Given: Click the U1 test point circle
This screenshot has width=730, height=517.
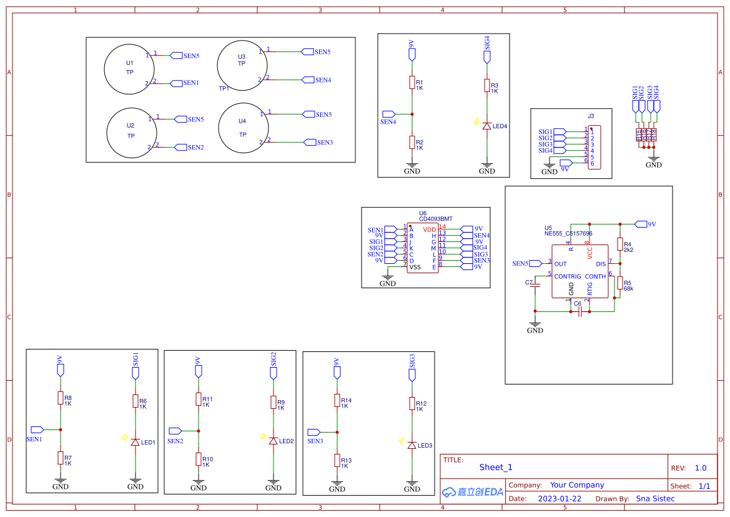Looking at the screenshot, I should (129, 69).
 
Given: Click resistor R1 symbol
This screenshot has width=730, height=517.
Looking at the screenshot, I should (412, 83).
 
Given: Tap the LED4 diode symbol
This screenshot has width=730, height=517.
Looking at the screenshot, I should (486, 126).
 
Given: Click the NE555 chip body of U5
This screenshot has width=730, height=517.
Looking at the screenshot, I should (580, 271).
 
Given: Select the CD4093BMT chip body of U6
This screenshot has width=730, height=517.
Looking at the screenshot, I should (423, 248).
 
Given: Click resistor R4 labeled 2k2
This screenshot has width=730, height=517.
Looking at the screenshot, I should (619, 244).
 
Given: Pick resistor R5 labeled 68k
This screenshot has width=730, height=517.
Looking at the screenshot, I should (619, 283).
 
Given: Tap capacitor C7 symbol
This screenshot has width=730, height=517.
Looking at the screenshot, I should (535, 285).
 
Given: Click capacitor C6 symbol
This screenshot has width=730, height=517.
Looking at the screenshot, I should (580, 311).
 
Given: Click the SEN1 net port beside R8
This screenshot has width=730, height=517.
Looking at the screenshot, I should (37, 429).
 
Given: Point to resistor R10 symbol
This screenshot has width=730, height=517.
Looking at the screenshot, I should (198, 459).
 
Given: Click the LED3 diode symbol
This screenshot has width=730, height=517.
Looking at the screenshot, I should (412, 445).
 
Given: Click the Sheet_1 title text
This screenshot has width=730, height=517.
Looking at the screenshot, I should (496, 467).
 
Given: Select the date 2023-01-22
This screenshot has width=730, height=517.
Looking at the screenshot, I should (559, 499).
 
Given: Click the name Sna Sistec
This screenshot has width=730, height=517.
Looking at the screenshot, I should (655, 499).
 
